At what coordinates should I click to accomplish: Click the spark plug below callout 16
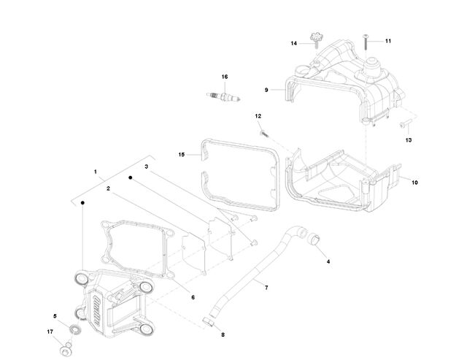coord(223,96)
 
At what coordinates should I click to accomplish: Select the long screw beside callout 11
coord(366,42)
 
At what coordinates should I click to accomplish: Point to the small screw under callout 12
coord(264,134)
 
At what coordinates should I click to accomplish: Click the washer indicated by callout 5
coord(75,329)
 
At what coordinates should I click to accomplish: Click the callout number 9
coord(266,90)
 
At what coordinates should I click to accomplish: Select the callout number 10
coord(414,183)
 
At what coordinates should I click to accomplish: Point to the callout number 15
coord(182,154)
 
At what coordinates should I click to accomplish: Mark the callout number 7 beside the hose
coord(266,288)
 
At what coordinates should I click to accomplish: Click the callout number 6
coord(193,297)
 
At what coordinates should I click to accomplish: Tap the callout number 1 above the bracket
coord(96,172)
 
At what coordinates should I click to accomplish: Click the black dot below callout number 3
coord(130,177)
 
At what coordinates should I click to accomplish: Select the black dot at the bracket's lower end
coord(82,203)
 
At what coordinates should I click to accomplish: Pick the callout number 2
coord(108,188)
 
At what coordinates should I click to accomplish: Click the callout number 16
coord(225,77)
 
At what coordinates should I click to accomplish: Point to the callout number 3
coord(146,166)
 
